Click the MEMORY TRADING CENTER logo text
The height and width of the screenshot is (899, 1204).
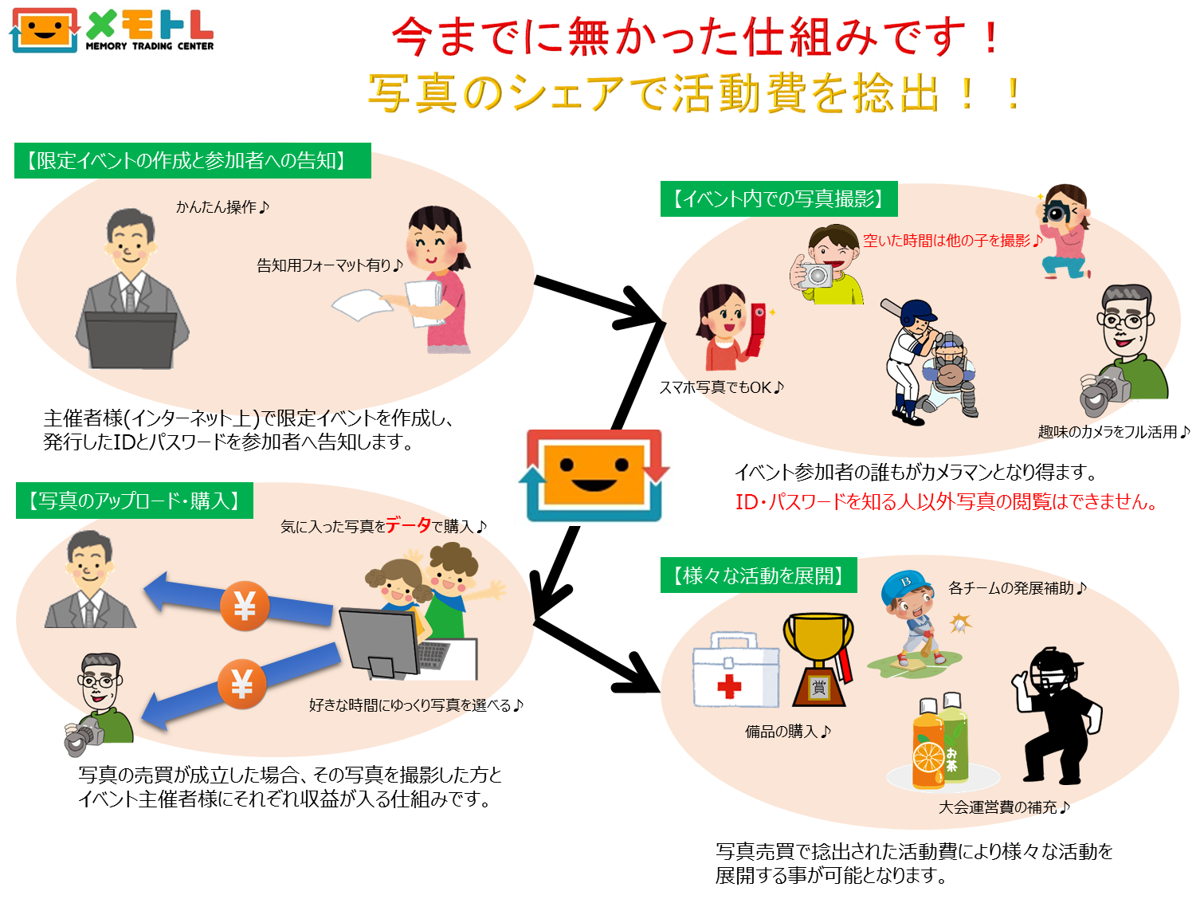tap(149, 46)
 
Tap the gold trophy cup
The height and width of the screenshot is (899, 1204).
tap(818, 659)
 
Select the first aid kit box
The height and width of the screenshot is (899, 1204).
tap(735, 669)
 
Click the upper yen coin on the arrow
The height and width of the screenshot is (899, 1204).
tap(245, 606)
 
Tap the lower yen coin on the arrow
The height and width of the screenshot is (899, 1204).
tap(242, 684)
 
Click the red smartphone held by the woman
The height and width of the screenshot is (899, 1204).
tap(756, 329)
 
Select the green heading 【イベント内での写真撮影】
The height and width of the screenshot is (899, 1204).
tap(778, 198)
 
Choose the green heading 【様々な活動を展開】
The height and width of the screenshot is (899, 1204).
tap(758, 575)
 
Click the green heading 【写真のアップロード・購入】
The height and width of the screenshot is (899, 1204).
tap(135, 501)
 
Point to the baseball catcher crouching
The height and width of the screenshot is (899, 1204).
tap(950, 374)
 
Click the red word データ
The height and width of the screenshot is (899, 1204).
tap(408, 525)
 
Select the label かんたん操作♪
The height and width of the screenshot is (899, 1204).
tap(222, 207)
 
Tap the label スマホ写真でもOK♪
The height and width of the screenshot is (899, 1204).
tap(721, 388)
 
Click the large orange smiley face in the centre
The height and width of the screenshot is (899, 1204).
tap(594, 474)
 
